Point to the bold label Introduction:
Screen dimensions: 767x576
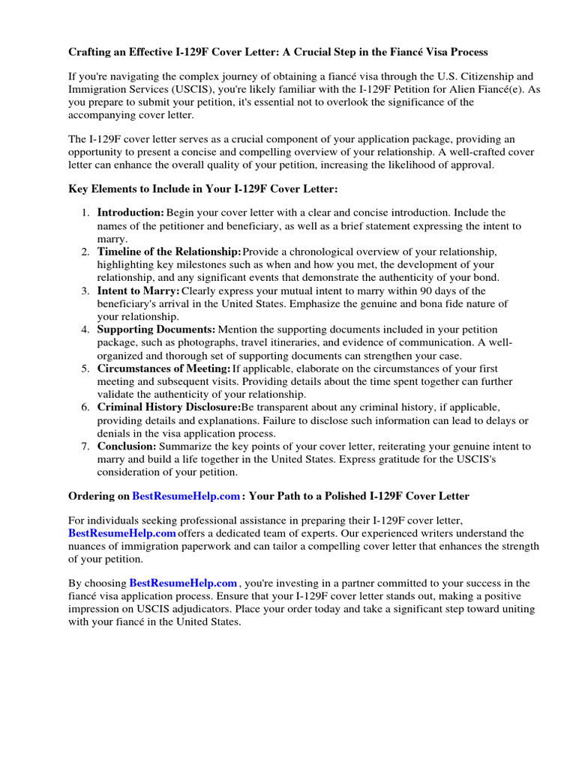(130, 213)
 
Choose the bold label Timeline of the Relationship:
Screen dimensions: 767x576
(169, 251)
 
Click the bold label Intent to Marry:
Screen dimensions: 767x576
(139, 290)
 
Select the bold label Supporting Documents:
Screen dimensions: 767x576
(156, 329)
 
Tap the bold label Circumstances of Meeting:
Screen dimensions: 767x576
(163, 368)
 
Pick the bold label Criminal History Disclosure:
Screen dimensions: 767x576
(169, 407)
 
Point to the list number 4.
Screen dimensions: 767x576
(85, 329)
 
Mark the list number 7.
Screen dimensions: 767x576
(85, 446)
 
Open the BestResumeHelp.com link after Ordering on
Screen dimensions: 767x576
(187, 496)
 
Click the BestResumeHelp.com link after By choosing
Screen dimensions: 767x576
(184, 583)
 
